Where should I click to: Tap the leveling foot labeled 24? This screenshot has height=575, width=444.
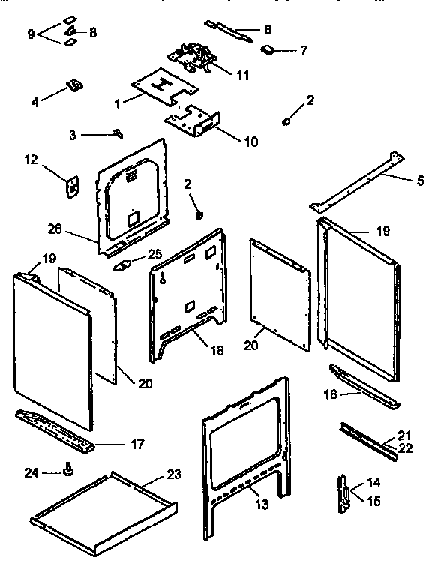(70, 470)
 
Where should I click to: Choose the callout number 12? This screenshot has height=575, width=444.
(303, 51)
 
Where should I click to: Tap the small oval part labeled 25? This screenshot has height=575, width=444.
(124, 264)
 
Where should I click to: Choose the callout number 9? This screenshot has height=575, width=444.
(31, 34)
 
